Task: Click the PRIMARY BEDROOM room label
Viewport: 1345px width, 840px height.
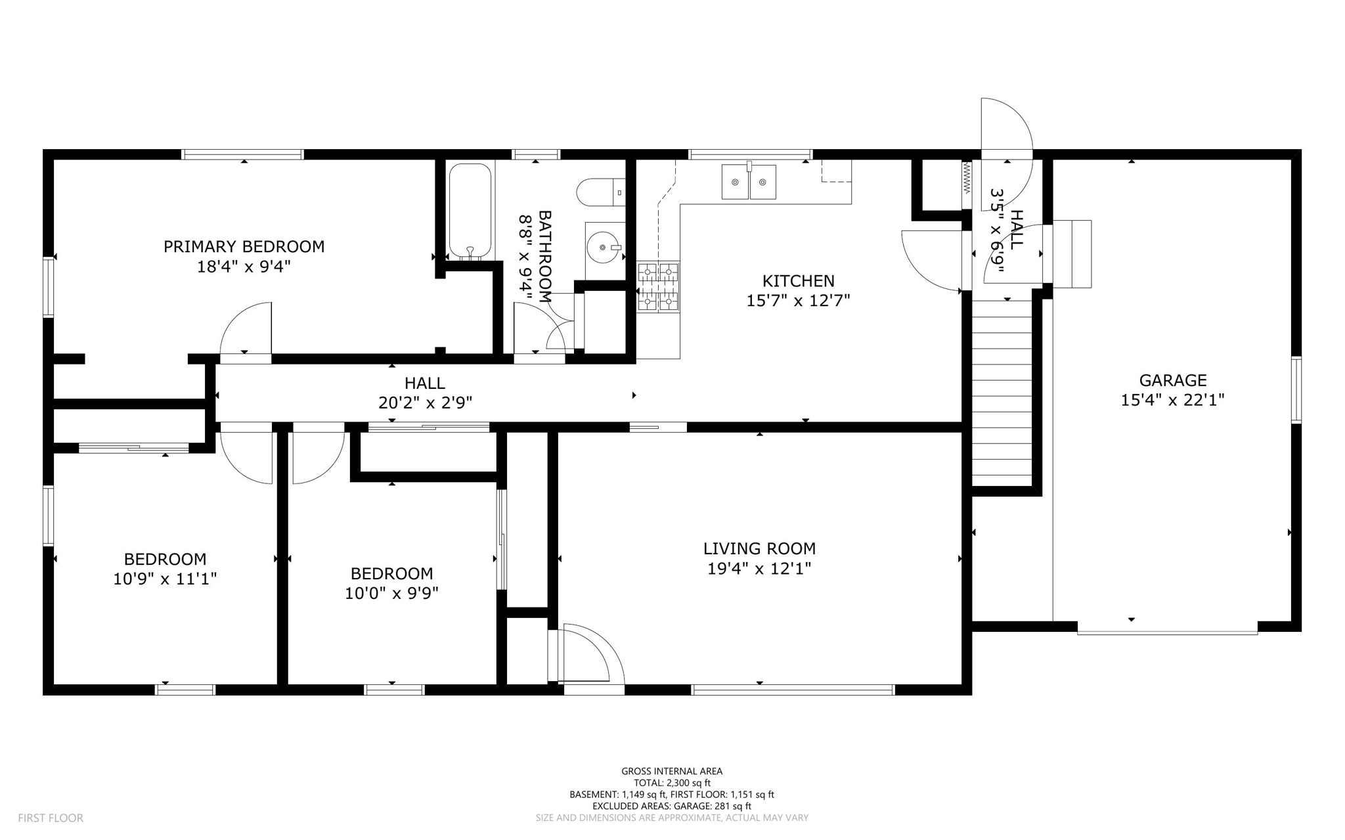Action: [x=244, y=247]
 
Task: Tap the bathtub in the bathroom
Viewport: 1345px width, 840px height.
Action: [x=470, y=211]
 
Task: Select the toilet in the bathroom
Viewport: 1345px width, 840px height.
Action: [x=601, y=192]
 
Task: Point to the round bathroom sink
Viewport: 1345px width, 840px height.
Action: [x=604, y=248]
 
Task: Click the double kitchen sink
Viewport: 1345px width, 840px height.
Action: [x=749, y=182]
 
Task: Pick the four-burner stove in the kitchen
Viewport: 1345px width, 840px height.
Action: [x=658, y=286]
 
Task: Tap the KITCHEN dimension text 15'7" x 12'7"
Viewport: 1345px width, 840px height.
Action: [x=799, y=301]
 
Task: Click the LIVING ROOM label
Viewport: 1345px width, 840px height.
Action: [x=760, y=548]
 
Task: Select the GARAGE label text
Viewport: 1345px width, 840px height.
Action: [x=1173, y=380]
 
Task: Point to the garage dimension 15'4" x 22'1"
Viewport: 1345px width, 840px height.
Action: [x=1173, y=400]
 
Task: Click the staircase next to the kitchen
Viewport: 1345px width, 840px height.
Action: [x=1002, y=393]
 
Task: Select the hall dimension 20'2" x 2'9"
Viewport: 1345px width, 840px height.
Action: [x=425, y=403]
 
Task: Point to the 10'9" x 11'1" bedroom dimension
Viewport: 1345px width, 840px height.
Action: [x=165, y=579]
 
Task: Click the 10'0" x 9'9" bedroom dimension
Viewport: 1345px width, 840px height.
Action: [x=392, y=593]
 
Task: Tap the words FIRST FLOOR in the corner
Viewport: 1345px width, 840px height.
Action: [x=51, y=818]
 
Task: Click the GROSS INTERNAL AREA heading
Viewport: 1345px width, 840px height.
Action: [x=672, y=771]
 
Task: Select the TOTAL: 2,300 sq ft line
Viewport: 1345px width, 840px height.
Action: [x=672, y=783]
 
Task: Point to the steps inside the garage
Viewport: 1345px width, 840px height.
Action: [x=1072, y=254]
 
